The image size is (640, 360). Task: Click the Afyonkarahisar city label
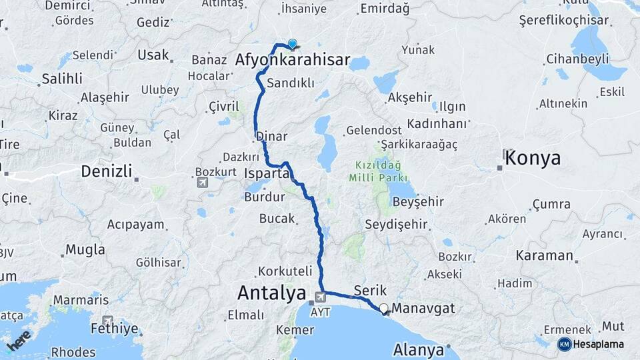[x=293, y=61]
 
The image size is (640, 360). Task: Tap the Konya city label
[x=533, y=158]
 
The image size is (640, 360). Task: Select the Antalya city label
[x=272, y=293]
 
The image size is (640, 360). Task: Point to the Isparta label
[x=267, y=173]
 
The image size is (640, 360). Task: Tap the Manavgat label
[x=424, y=309]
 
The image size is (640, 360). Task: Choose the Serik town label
[x=371, y=291]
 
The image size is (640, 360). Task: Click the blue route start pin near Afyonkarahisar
[x=292, y=45]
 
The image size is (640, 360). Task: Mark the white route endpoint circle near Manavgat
[x=383, y=308]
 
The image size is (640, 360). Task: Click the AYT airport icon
[x=321, y=296]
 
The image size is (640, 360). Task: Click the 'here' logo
[x=19, y=340]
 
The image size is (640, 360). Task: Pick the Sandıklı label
[x=291, y=84]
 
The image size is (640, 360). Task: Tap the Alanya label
[x=419, y=349]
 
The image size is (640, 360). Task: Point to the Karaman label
[x=545, y=255]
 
